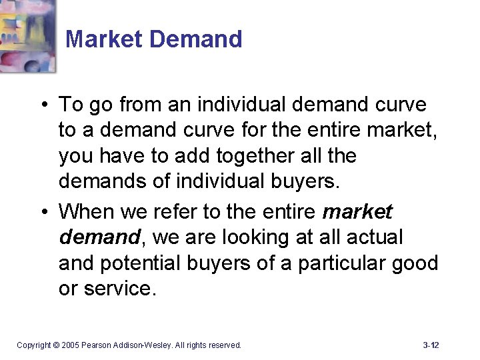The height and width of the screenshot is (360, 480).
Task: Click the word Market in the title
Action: [x=105, y=39]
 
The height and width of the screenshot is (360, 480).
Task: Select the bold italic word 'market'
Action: [x=357, y=212]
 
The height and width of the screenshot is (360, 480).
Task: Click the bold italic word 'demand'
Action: [x=98, y=237]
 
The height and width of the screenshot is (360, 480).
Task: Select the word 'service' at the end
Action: [x=115, y=289]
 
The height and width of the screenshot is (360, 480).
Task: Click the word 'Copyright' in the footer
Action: [x=34, y=345]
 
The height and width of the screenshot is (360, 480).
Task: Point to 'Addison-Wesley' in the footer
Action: [x=144, y=345]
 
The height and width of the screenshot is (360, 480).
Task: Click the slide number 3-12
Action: [x=431, y=345]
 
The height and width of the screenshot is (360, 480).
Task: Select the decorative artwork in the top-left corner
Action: [x=28, y=35]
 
